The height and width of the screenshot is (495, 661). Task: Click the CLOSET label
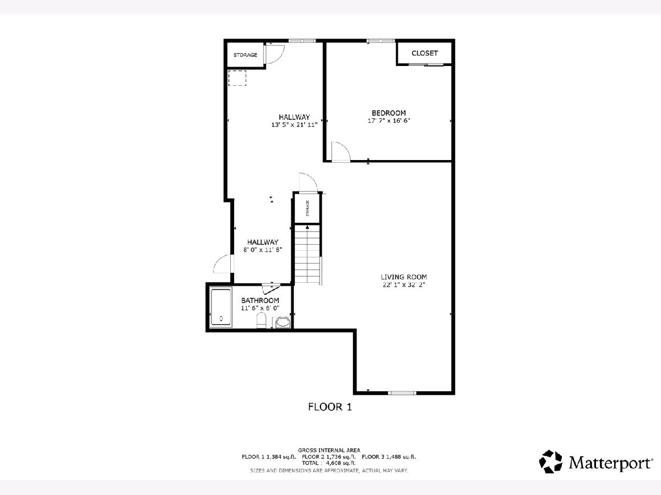[x=425, y=53]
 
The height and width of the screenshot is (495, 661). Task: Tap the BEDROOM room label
[x=389, y=113]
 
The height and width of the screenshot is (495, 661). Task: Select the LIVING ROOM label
[x=404, y=277]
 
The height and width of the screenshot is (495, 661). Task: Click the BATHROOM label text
[x=260, y=300]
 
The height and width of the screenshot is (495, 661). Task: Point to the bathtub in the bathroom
[x=221, y=307]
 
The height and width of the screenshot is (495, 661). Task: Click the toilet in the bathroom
[x=261, y=321]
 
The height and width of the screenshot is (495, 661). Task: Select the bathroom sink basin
[x=283, y=322]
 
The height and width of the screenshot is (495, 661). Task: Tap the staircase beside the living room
[x=307, y=254]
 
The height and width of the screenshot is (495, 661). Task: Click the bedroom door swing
[x=340, y=152]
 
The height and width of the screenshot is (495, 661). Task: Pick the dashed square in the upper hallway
[x=237, y=78]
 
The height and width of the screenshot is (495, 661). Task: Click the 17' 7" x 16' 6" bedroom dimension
[x=389, y=121]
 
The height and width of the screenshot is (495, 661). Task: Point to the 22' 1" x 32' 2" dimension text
[x=404, y=284]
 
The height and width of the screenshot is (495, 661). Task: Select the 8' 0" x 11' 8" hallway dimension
[x=263, y=250]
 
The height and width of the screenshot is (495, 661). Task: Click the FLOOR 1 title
[x=330, y=407]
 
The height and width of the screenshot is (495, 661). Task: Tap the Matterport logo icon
[x=550, y=461]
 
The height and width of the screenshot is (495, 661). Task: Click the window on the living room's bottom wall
[x=402, y=393]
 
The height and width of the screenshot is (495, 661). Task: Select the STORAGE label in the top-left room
[x=246, y=55]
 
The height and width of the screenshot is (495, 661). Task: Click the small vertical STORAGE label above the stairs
[x=307, y=208]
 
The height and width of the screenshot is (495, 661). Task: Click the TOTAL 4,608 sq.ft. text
[x=329, y=463]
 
